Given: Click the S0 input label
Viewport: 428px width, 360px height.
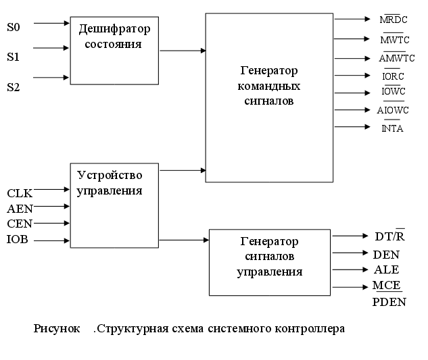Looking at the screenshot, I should [14, 28].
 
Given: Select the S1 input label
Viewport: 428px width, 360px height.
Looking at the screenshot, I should [14, 57].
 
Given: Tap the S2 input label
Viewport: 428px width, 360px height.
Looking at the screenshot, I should [14, 86].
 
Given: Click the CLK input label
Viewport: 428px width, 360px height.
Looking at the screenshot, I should [20, 194].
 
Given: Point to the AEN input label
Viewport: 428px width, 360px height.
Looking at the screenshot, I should [20, 209].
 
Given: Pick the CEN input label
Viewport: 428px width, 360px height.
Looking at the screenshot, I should [20, 224].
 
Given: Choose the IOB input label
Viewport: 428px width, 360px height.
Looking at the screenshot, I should [18, 240].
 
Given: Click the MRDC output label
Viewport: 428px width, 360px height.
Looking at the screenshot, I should [394, 20].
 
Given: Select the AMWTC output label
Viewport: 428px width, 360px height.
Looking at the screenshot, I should [392, 58].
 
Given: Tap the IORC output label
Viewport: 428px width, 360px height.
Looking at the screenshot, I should [393, 76].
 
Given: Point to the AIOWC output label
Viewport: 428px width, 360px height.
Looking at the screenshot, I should [391, 111].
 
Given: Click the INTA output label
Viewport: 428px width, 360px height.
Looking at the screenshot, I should [392, 128].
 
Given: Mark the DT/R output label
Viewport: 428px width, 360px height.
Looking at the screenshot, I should [389, 236].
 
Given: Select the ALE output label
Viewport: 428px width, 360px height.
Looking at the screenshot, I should [386, 269].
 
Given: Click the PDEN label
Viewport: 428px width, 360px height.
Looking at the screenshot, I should [389, 302].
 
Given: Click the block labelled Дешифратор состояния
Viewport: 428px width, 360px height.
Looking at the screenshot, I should [114, 51].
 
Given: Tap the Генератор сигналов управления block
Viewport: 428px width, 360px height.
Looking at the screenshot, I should [269, 262].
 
